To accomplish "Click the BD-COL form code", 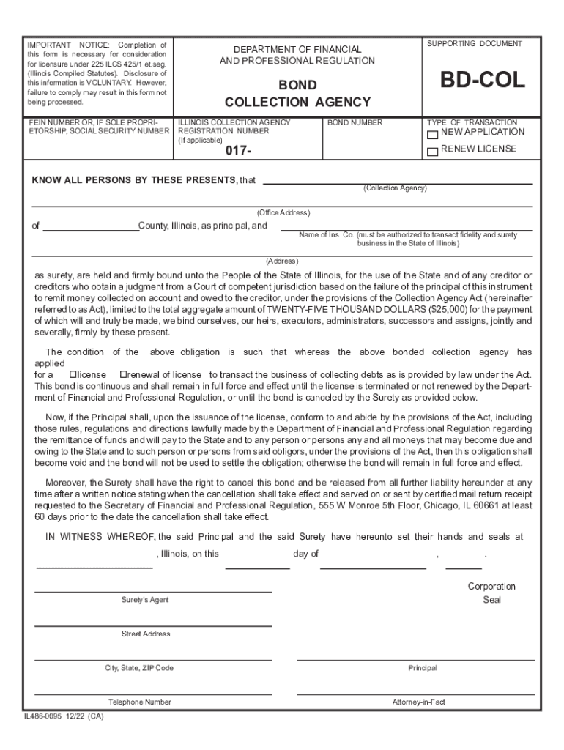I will (482, 81).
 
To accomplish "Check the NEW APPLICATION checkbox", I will (433, 135).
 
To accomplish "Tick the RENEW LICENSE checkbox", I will (433, 152).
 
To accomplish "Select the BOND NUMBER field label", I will (355, 123).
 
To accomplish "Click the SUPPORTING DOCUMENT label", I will (474, 44).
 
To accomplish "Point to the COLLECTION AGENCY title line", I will (297, 103).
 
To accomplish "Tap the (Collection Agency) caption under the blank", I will (395, 188).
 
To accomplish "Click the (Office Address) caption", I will (283, 212).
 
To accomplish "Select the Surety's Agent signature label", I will (145, 600).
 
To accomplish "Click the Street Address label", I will (146, 634).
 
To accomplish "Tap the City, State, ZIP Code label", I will (139, 668).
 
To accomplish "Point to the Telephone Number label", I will (139, 702).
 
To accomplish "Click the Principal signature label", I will (423, 668).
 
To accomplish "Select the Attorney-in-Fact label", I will (418, 702).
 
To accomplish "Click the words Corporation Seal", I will (491, 593).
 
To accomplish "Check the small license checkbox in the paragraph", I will (73, 374).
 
